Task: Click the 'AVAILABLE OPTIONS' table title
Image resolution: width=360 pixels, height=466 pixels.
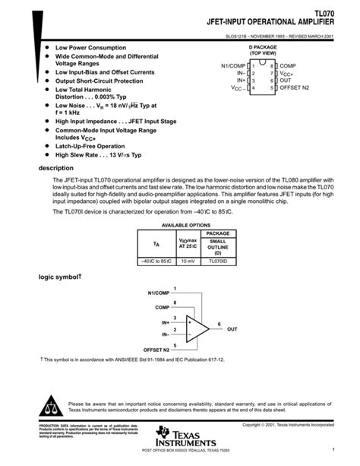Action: [185, 226]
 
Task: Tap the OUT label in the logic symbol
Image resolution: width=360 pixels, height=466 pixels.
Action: [232, 329]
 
